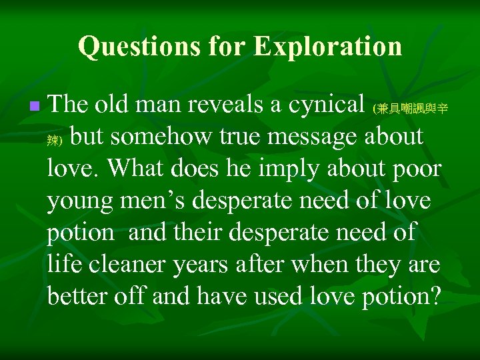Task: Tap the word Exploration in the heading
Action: click(328, 47)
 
